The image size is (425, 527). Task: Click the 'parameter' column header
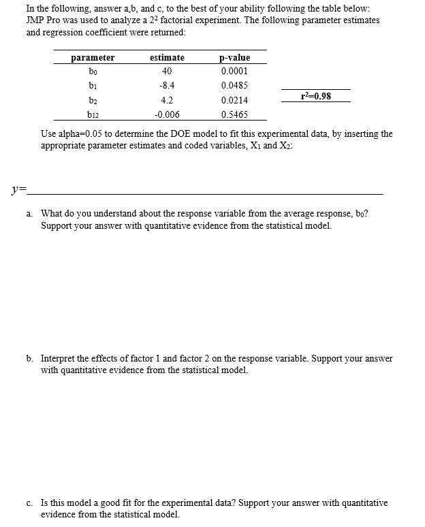[93, 58]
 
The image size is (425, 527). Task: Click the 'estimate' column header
[167, 58]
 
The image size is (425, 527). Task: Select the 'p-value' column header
[235, 58]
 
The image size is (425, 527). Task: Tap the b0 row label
[93, 71]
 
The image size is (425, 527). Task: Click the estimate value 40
[167, 71]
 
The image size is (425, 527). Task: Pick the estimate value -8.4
[167, 86]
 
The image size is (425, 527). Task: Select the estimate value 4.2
[167, 100]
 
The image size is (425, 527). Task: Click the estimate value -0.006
[168, 114]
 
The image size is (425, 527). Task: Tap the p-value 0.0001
[235, 71]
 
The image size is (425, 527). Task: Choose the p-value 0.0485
[235, 86]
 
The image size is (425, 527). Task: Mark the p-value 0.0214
[235, 100]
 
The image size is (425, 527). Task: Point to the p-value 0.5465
[235, 114]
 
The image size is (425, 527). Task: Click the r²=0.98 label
[316, 96]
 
